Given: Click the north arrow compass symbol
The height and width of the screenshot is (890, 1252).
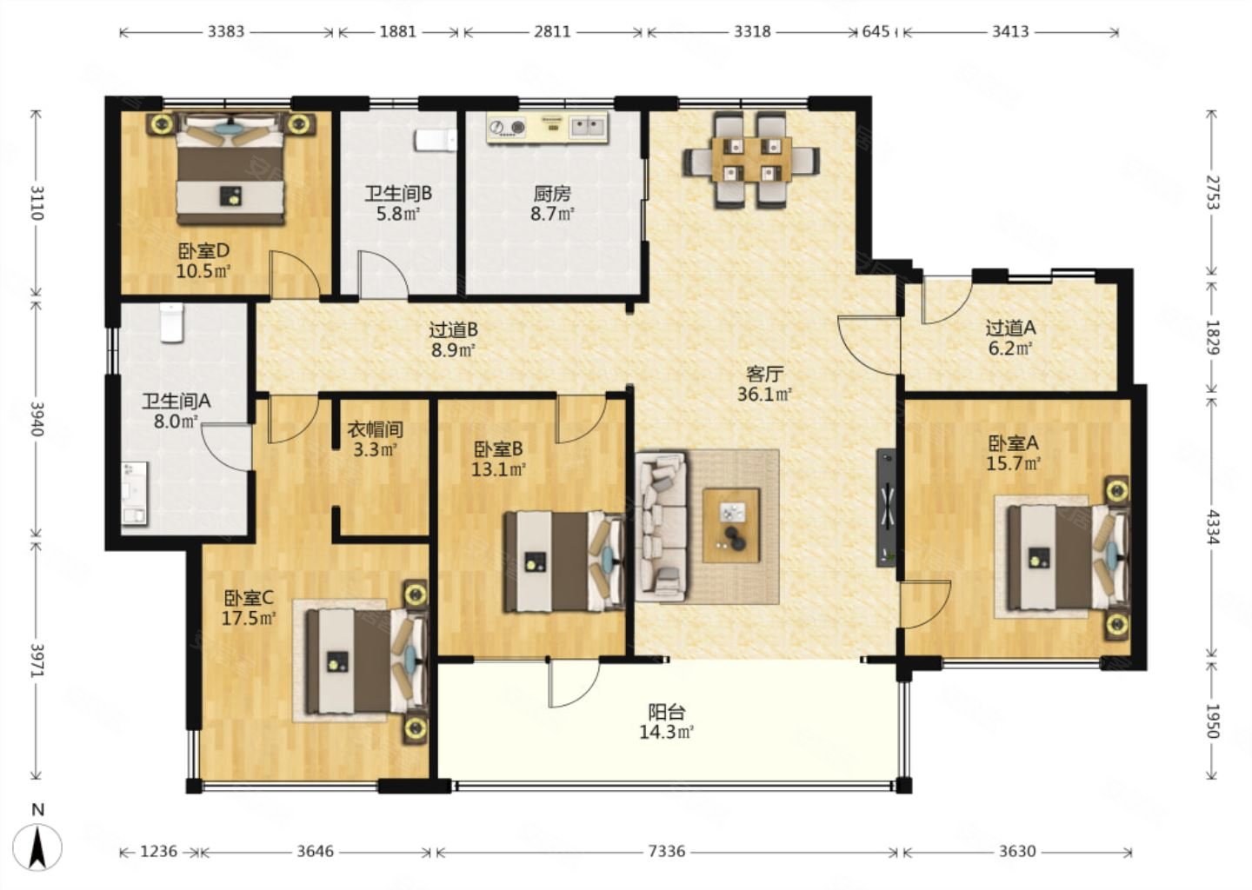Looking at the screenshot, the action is coord(37,846).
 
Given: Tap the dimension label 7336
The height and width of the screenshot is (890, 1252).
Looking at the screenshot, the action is coord(667,852).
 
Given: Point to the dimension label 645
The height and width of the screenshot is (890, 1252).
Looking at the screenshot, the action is coord(876,32).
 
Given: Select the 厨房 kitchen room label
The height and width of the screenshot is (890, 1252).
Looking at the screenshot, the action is coord(552,194).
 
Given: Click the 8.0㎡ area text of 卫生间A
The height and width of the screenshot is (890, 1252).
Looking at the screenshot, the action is coord(176,422).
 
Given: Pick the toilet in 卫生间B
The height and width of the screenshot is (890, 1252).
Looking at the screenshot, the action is coord(436,140).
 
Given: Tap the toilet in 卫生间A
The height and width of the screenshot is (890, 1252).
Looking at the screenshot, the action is coord(171,322).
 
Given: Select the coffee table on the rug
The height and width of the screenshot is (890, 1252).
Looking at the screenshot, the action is coord(731,525).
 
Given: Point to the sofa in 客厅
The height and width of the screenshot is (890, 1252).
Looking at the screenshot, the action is coord(661,527).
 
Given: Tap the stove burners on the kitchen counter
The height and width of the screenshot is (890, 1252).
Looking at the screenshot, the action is coord(508,128).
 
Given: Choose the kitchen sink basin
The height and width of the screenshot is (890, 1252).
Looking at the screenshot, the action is coord(588,127).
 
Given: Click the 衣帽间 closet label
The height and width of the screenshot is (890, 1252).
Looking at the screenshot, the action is coord(376,429).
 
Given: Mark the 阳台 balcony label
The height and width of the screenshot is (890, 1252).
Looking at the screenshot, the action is coord(667,713).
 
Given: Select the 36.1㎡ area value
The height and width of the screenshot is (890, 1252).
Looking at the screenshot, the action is coord(764,395).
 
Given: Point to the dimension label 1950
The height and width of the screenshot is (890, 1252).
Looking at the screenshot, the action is coord(1210,721).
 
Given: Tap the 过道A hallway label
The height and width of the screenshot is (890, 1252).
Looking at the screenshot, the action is coord(1010,328).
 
